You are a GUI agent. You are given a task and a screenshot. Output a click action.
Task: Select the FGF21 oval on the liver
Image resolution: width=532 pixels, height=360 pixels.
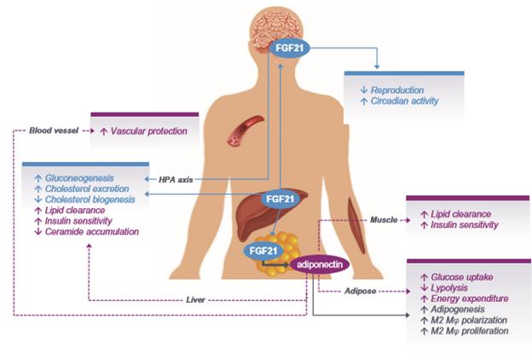tap(275, 198)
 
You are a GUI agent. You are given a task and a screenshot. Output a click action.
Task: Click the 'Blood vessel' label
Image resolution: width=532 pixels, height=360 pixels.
tap(52, 131)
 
